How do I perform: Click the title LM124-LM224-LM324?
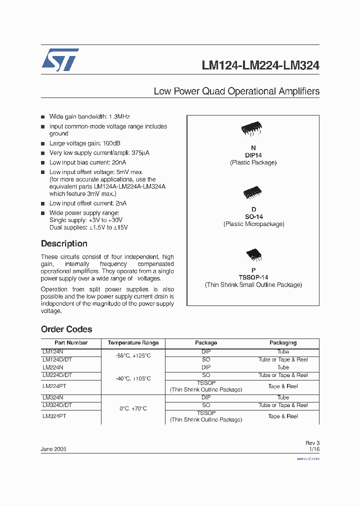pos(260,65)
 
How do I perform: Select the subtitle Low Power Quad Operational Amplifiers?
pos(236,91)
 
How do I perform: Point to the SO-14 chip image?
pos(252,193)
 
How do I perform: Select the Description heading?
pos(64,243)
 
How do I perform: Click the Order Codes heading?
pos(66,329)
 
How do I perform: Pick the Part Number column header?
pos(70,343)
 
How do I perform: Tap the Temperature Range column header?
pos(133,343)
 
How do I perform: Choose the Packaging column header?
pos(283,343)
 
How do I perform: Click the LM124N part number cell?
pos(52,352)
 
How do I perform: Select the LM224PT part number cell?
pos(54,386)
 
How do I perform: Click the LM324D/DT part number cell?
pos(57,405)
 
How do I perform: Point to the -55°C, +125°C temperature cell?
pos(133,355)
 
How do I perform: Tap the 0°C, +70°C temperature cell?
pos(133,409)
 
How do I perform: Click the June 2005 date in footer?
pos(53,449)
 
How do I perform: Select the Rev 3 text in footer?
pos(312,443)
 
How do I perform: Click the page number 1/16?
pos(314,449)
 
